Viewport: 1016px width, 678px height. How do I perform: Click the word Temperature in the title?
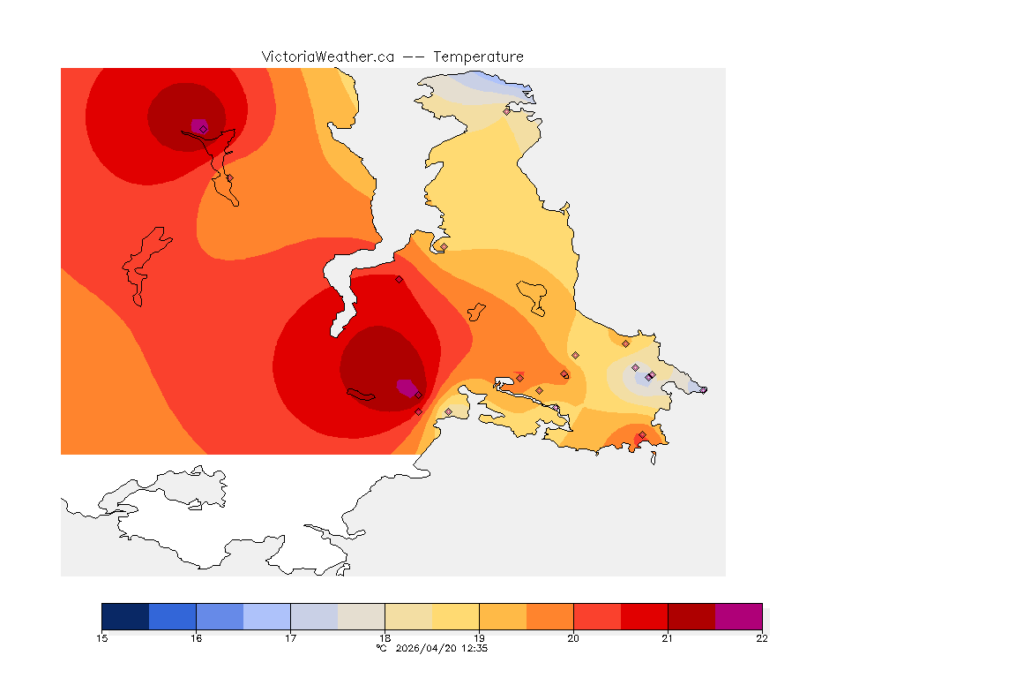[478, 56]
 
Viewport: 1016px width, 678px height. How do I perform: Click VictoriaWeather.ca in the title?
[327, 56]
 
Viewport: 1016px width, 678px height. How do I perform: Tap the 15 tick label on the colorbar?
[101, 638]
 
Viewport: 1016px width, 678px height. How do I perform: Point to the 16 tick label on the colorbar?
[196, 638]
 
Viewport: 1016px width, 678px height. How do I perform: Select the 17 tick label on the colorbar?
[290, 638]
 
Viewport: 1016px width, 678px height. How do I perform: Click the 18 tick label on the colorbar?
[385, 638]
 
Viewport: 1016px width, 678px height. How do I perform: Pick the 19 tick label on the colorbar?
[479, 638]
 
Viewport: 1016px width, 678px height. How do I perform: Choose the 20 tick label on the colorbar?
[573, 638]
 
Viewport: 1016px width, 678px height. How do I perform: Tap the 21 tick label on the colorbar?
[668, 638]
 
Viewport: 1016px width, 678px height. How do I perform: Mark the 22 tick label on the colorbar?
[762, 638]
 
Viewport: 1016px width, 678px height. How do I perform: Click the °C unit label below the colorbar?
[381, 648]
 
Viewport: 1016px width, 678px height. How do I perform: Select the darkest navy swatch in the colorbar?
[125, 616]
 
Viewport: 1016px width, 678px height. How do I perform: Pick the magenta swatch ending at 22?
[738, 616]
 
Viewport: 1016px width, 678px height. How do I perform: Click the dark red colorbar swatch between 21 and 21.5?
[691, 616]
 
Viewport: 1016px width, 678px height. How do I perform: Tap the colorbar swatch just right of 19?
[503, 616]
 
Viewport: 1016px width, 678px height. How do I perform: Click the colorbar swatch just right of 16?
[220, 616]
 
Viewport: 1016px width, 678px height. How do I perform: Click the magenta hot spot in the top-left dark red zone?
[198, 126]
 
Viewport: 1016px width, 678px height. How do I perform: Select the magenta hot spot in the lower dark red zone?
[407, 387]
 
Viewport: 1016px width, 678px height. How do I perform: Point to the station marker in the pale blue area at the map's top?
[506, 111]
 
